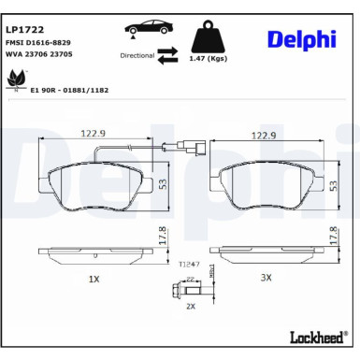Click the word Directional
(x=137, y=56)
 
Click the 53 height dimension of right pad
(x=335, y=185)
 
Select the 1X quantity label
(x=94, y=278)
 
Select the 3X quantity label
(x=265, y=278)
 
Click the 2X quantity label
(x=191, y=306)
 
